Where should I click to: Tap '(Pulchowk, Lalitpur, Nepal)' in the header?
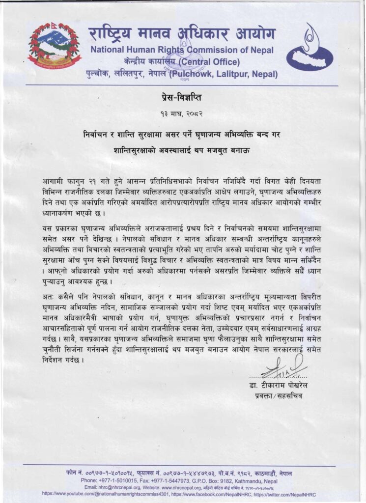224,75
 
